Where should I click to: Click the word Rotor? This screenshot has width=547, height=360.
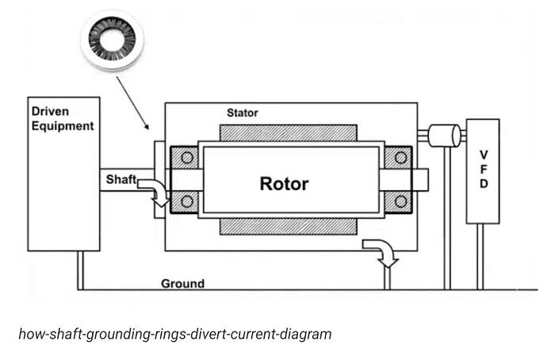click(284, 183)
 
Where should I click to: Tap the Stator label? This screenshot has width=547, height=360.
click(243, 113)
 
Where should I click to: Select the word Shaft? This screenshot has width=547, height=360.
click(121, 179)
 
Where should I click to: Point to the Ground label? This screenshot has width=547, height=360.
click(182, 283)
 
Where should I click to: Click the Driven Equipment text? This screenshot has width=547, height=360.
click(63, 119)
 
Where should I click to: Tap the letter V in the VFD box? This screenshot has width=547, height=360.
click(484, 155)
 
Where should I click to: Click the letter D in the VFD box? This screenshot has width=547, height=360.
click(484, 183)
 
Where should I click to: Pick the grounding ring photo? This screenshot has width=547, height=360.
click(112, 40)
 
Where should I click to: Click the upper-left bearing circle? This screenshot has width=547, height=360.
click(187, 158)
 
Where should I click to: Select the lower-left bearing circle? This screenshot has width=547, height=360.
click(187, 201)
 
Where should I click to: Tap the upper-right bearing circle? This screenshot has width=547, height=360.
click(401, 158)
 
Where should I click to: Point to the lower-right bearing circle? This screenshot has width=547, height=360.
click(401, 201)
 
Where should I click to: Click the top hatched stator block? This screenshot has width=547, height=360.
click(288, 133)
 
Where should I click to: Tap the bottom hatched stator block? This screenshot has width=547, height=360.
click(288, 227)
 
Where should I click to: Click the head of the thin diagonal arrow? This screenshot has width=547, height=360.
click(147, 127)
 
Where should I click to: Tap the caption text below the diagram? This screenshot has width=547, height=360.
click(174, 334)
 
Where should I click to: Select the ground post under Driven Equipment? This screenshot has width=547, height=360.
click(80, 270)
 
